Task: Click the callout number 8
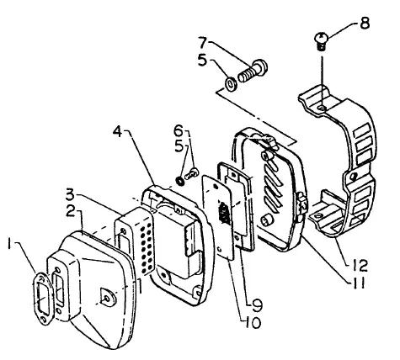click(365, 23)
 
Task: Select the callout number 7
click(203, 43)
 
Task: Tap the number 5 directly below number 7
click(202, 60)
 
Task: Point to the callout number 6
click(179, 130)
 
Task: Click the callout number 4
click(118, 131)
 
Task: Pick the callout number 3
click(70, 195)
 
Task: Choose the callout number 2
click(71, 211)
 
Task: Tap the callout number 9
click(257, 305)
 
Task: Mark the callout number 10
click(252, 323)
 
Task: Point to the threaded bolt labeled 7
click(253, 71)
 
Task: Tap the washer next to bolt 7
click(231, 84)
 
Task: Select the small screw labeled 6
click(191, 173)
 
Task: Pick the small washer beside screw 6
click(179, 181)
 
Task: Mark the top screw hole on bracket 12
click(323, 108)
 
